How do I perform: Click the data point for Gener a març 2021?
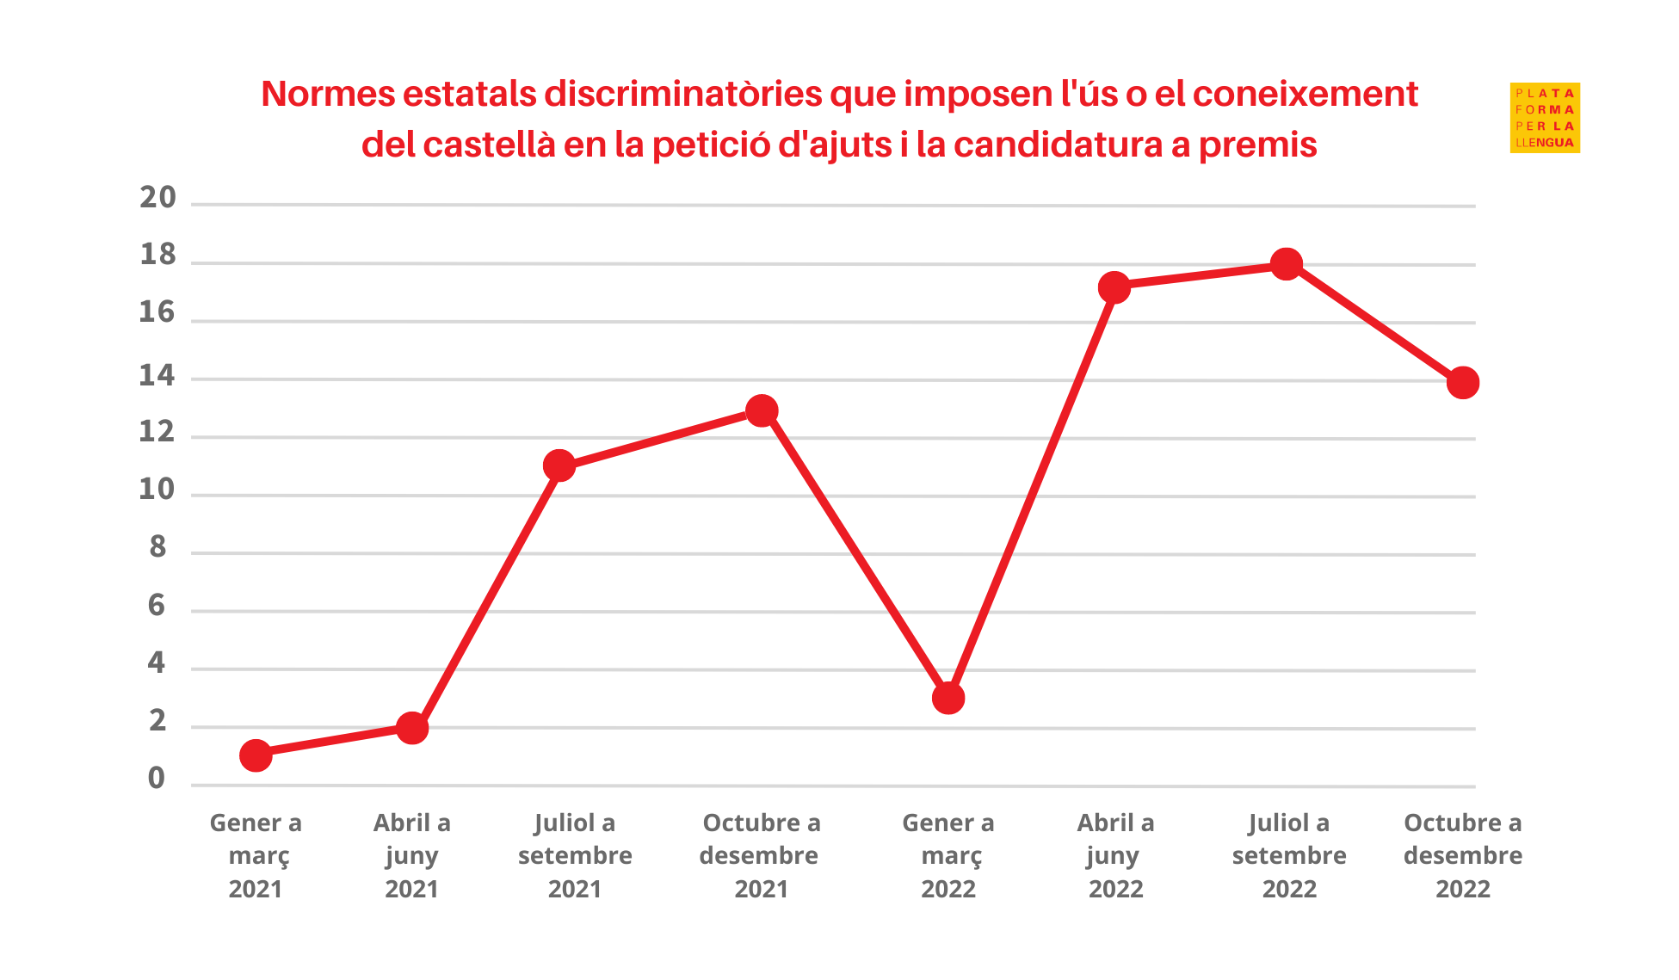[x=256, y=755]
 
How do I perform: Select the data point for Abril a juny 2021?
[x=412, y=728]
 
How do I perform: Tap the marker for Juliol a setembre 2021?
[x=559, y=465]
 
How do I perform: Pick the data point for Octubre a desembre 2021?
[x=762, y=410]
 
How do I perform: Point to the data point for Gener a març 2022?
[x=948, y=698]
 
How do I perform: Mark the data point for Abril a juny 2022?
[x=1114, y=287]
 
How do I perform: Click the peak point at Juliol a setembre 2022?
[x=1287, y=264]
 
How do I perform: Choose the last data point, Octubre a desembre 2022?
[x=1463, y=382]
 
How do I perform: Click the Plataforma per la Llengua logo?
[x=1545, y=118]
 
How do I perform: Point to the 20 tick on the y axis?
[x=157, y=198]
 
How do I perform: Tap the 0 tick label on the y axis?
[x=156, y=778]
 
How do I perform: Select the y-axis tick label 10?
[x=157, y=490]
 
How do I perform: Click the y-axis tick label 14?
[x=157, y=375]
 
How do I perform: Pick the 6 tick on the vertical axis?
[x=156, y=606]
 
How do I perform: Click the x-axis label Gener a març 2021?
[x=256, y=855]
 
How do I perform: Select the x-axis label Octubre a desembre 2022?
[x=1463, y=855]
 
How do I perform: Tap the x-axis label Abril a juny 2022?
[x=1115, y=855]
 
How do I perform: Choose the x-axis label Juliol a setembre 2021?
[x=575, y=855]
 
